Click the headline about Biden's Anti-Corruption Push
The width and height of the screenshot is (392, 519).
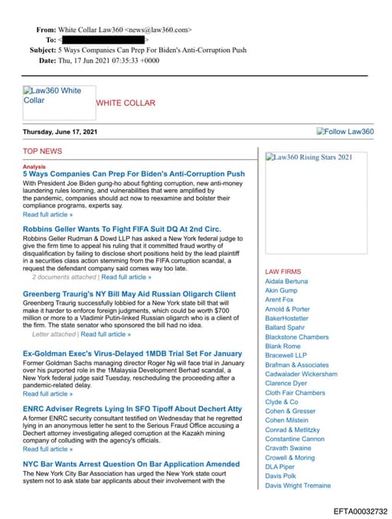click(134, 175)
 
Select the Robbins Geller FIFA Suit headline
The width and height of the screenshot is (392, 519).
click(122, 229)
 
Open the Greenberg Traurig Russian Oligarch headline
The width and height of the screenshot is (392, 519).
click(129, 294)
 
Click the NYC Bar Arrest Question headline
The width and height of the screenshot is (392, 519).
click(131, 464)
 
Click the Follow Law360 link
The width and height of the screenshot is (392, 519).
click(345, 132)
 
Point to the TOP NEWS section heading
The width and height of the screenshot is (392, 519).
click(43, 152)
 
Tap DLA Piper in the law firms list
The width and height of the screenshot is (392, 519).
click(280, 467)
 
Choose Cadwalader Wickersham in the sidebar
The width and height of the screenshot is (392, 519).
click(301, 374)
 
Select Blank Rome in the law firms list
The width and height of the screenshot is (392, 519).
click(283, 347)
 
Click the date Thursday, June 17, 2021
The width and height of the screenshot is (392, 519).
click(60, 132)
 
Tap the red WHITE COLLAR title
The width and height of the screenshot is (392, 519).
click(126, 103)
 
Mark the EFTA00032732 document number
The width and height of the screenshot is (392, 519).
click(361, 511)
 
